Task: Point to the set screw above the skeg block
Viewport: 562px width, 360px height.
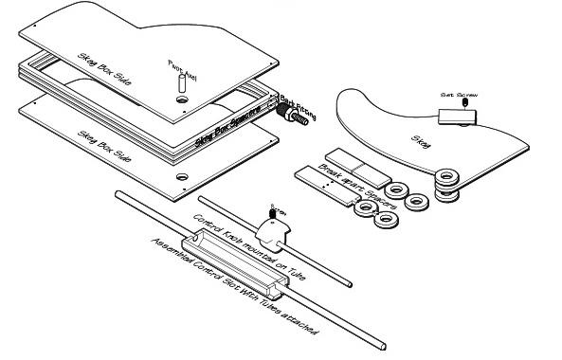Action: click(x=462, y=105)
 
